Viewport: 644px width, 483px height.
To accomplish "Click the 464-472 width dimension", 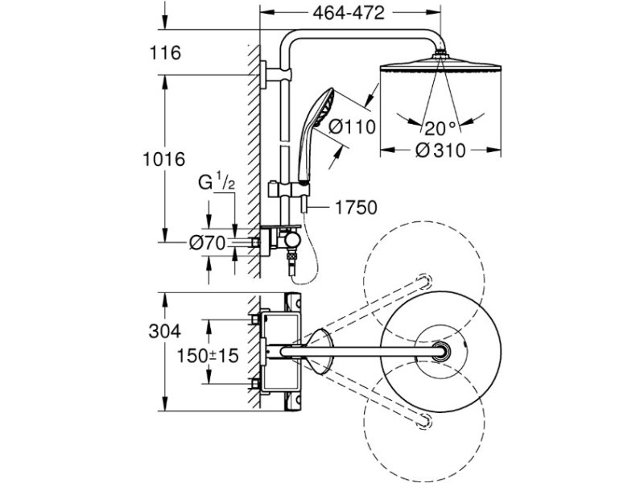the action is (349, 13).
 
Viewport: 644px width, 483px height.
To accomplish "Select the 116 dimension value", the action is (165, 53).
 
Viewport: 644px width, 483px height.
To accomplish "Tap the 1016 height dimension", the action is (164, 159).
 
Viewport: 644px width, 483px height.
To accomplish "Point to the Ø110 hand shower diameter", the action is (352, 126).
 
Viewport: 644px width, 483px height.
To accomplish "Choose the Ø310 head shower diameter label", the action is (440, 151).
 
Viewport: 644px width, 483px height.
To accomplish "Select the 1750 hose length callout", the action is (356, 208).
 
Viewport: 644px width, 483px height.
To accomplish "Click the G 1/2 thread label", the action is (217, 182).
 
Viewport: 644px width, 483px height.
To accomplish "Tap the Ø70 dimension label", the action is (208, 243).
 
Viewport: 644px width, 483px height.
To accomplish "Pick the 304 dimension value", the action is (165, 331).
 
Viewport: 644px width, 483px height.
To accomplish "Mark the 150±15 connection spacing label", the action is (208, 356).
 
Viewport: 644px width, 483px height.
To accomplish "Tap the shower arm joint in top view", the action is (440, 352).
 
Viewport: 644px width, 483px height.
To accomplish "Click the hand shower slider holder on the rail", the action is (290, 190).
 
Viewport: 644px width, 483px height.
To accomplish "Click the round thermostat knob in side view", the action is (292, 240).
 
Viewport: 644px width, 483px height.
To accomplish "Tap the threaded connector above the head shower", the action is (440, 53).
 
